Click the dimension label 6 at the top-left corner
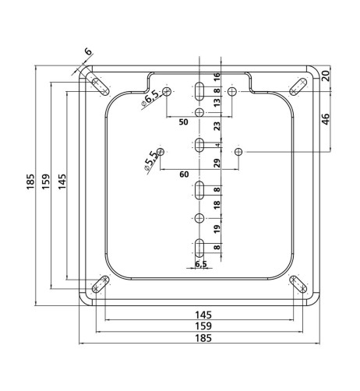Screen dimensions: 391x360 coord(88,52)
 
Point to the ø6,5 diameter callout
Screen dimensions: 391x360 coord(150,97)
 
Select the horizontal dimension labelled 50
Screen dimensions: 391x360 coord(183,122)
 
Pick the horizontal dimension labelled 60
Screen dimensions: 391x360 coord(184,175)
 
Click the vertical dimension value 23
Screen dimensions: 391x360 coord(217,125)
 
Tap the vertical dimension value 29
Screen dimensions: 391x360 coord(217,164)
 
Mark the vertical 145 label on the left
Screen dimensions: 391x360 coord(62,181)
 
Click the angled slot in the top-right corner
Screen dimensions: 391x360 coord(298,86)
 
